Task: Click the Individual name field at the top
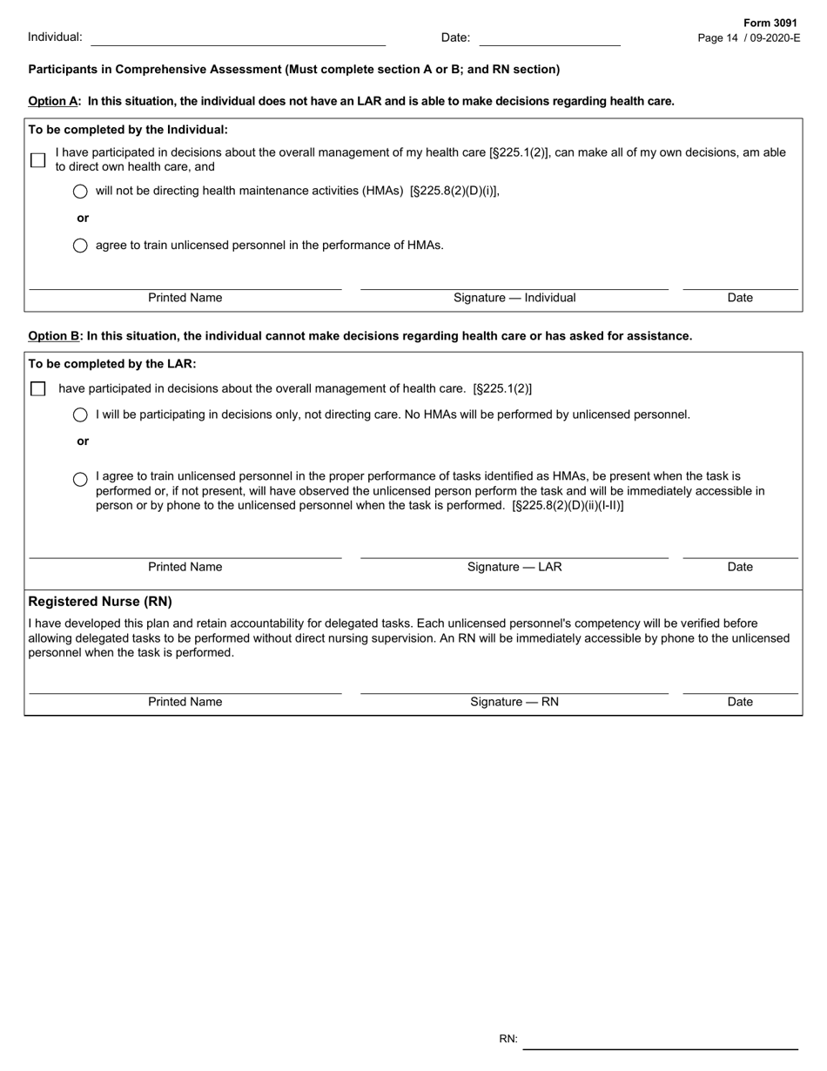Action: pyautogui.click(x=238, y=37)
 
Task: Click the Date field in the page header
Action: pyautogui.click(x=549, y=37)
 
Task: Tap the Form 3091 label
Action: pyautogui.click(x=770, y=24)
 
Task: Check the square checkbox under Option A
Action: pyautogui.click(x=37, y=160)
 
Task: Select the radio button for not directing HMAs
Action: pyautogui.click(x=80, y=192)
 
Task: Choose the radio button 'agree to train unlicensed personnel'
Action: pyautogui.click(x=80, y=246)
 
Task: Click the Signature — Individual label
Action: pyautogui.click(x=514, y=298)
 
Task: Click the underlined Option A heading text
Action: pyautogui.click(x=54, y=101)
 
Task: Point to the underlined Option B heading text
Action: pyautogui.click(x=54, y=336)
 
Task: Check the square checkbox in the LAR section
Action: pyautogui.click(x=37, y=389)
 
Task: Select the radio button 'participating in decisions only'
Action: pyautogui.click(x=80, y=415)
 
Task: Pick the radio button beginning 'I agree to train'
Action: pyautogui.click(x=80, y=479)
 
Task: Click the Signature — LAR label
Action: pyautogui.click(x=514, y=567)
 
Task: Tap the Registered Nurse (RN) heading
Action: pyautogui.click(x=100, y=602)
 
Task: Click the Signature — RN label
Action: pyautogui.click(x=514, y=702)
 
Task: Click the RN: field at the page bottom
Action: pyautogui.click(x=660, y=1040)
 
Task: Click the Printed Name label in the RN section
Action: pyautogui.click(x=185, y=702)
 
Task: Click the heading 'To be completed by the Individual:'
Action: pyautogui.click(x=128, y=130)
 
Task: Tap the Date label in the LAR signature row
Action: pyautogui.click(x=740, y=567)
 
